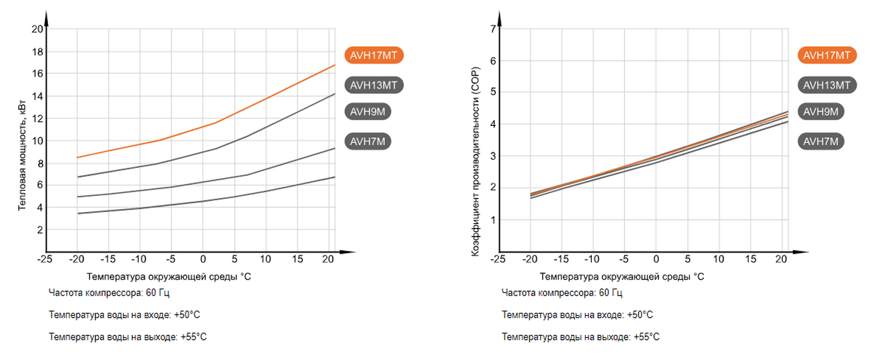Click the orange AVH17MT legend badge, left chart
[374, 55]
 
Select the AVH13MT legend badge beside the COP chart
[827, 85]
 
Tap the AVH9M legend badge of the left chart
[368, 112]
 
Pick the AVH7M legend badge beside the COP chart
[821, 142]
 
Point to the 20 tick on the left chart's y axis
[37, 29]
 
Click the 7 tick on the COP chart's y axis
[493, 29]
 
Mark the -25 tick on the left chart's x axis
[44, 259]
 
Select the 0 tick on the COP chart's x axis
[656, 259]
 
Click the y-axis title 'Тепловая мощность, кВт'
[22, 158]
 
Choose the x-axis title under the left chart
[169, 276]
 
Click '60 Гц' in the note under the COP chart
[610, 293]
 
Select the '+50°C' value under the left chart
[187, 315]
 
